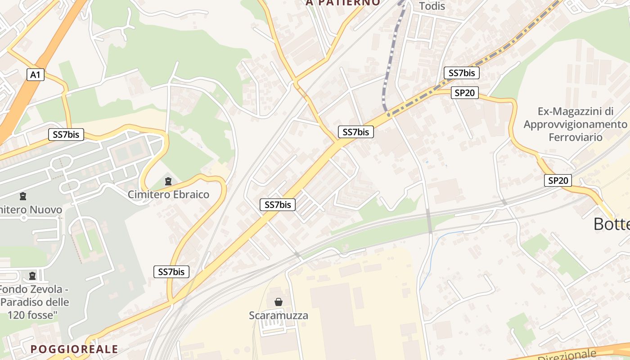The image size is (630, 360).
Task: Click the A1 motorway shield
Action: (x=35, y=75)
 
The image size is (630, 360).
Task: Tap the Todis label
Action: (x=432, y=6)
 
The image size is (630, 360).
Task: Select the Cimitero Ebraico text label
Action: (x=168, y=194)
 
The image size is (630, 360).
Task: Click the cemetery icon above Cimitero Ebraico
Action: (x=168, y=181)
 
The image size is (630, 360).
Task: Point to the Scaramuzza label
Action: (x=279, y=315)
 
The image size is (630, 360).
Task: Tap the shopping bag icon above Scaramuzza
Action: (x=279, y=302)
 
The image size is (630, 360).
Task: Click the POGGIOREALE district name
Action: (x=74, y=349)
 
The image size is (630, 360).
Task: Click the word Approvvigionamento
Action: (x=575, y=124)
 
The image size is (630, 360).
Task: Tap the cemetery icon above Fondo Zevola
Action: (x=32, y=275)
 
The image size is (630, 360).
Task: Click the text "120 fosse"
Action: (x=32, y=315)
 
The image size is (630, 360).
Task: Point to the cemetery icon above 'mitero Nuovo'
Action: (x=22, y=196)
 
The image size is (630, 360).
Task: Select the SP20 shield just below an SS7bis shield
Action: (x=464, y=93)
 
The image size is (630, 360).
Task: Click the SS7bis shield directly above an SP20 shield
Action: (x=462, y=73)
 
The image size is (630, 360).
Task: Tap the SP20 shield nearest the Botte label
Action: (x=558, y=180)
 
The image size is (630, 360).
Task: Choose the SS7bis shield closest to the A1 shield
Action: (x=66, y=134)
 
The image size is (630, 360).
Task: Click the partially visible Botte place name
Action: (x=611, y=224)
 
